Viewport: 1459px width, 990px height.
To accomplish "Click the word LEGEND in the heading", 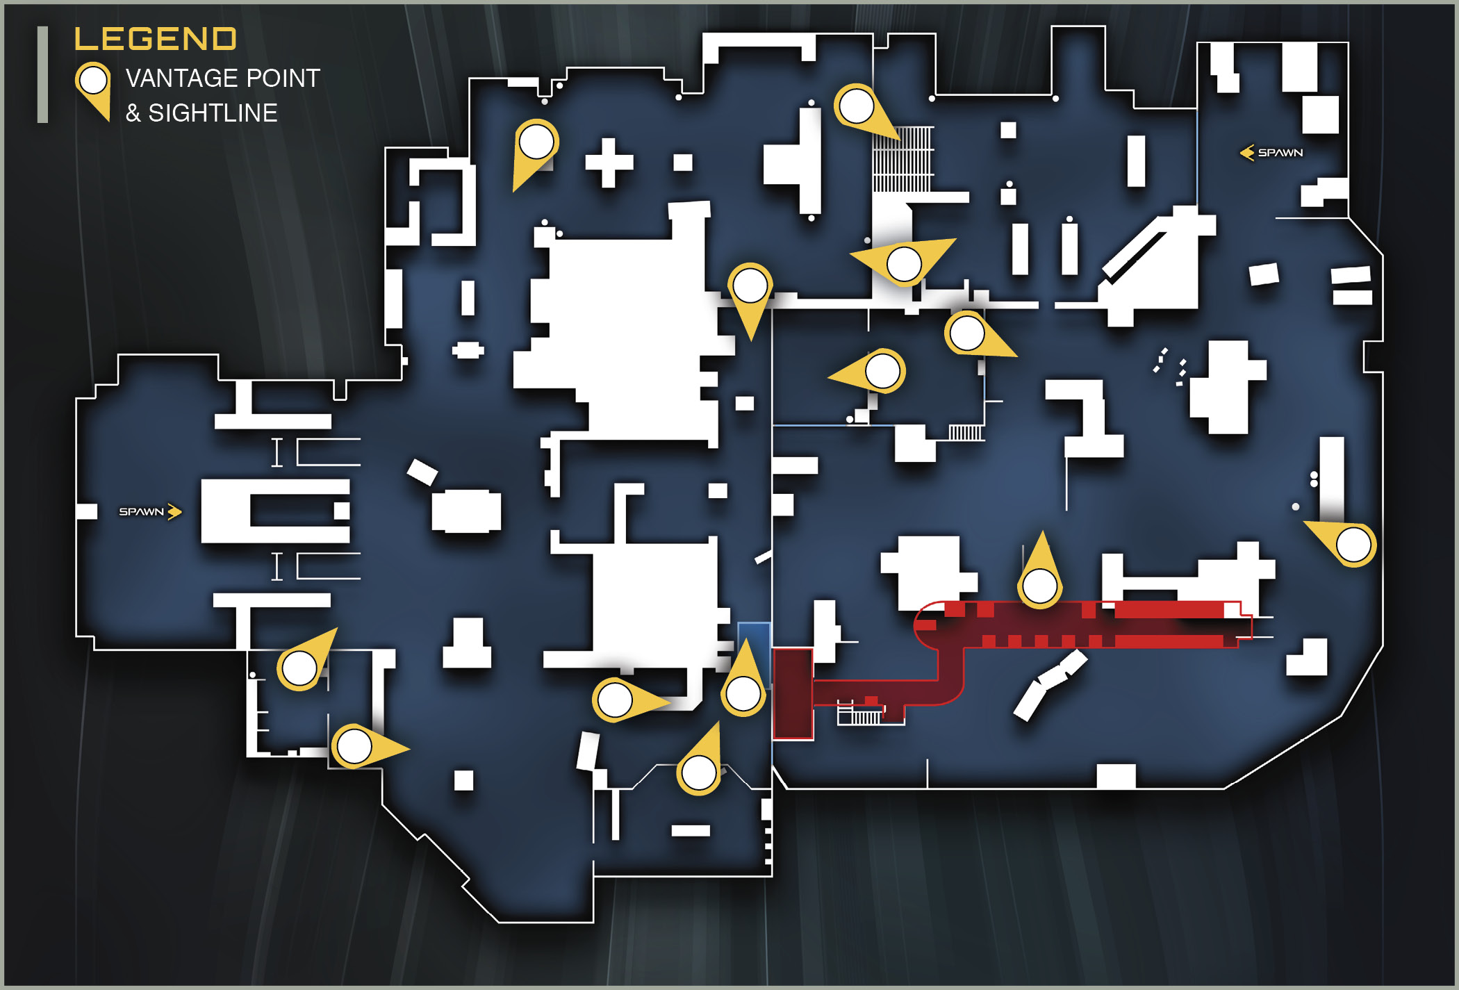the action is (155, 39).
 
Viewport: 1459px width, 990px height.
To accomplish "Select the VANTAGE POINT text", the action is (223, 79).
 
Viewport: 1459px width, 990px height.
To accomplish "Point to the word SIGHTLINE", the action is (213, 113).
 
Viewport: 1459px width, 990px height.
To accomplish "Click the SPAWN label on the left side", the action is (141, 512).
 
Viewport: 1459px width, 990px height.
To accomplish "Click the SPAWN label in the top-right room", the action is (1280, 153).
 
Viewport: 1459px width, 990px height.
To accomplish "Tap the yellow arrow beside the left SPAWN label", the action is (174, 512).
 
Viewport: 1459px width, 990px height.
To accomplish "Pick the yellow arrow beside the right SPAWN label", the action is (1247, 153).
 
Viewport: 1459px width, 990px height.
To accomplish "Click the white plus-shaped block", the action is (609, 163).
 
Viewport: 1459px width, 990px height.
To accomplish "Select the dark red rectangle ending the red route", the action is (793, 694).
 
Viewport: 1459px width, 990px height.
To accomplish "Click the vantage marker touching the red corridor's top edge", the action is (1040, 574).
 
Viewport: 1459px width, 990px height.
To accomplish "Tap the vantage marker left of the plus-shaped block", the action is (534, 151).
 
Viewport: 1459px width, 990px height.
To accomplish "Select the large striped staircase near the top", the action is (903, 159).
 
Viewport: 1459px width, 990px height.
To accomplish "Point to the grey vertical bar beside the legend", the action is (42, 75).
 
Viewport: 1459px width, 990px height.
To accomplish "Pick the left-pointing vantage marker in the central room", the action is (872, 372).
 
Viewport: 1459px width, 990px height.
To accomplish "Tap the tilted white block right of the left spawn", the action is (422, 472).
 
